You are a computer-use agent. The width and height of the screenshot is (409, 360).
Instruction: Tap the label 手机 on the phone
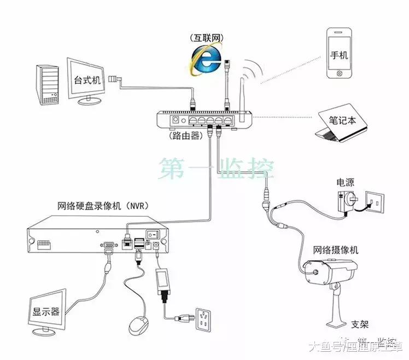pyautogui.click(x=339, y=56)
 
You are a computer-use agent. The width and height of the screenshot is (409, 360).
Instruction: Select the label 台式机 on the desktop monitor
pyautogui.click(x=87, y=80)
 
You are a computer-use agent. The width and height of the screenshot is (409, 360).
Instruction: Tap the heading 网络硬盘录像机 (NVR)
pyautogui.click(x=103, y=206)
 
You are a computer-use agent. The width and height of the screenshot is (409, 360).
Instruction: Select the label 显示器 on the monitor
pyautogui.click(x=45, y=312)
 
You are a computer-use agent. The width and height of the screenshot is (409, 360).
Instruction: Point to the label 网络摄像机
pyautogui.click(x=336, y=250)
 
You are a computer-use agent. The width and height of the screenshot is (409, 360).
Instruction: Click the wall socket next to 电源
pyautogui.click(x=375, y=202)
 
